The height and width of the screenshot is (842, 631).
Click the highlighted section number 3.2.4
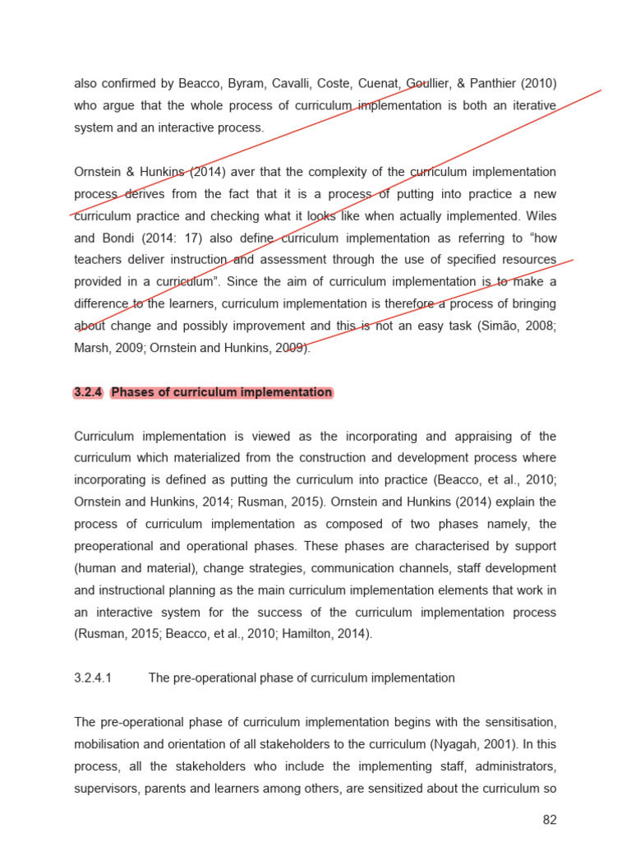click(x=88, y=392)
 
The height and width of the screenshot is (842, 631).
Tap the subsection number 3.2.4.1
click(x=93, y=678)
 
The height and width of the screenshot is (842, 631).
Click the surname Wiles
click(x=539, y=216)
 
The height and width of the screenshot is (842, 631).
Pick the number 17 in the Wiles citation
click(x=191, y=238)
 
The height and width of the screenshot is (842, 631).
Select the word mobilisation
click(x=109, y=744)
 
